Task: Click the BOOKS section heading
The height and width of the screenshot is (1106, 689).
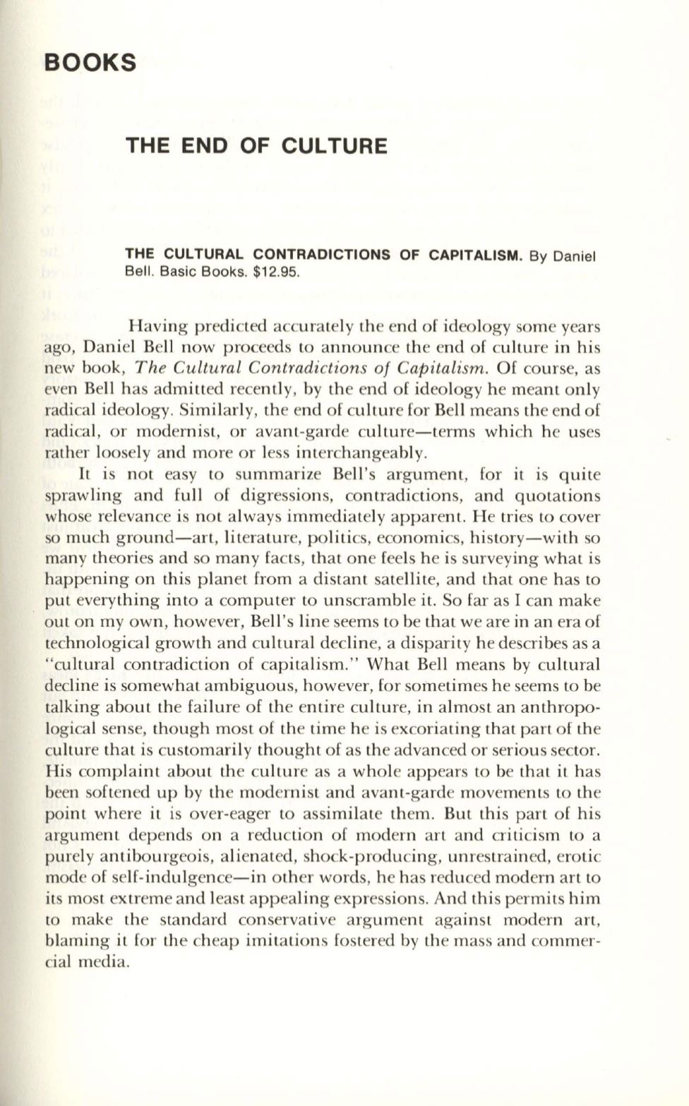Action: point(90,62)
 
